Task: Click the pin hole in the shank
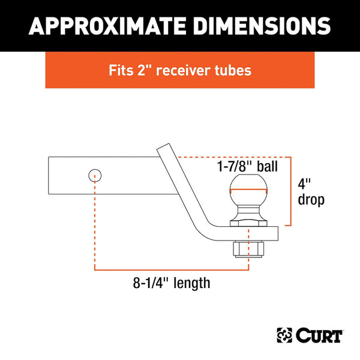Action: pyautogui.click(x=95, y=175)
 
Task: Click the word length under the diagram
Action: pyautogui.click(x=191, y=282)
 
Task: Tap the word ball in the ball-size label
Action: pyautogui.click(x=267, y=166)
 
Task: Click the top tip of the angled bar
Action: pyautogui.click(x=163, y=146)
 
